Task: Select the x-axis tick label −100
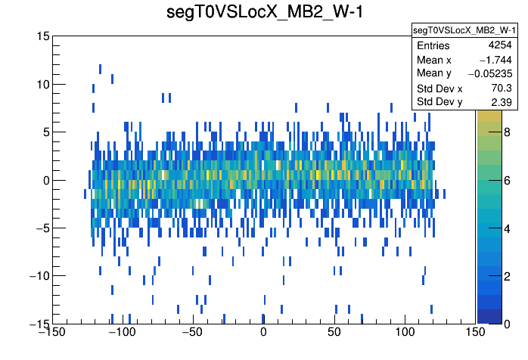coord(121,333)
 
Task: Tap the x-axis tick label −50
coord(192,333)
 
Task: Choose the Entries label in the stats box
coord(433,46)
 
